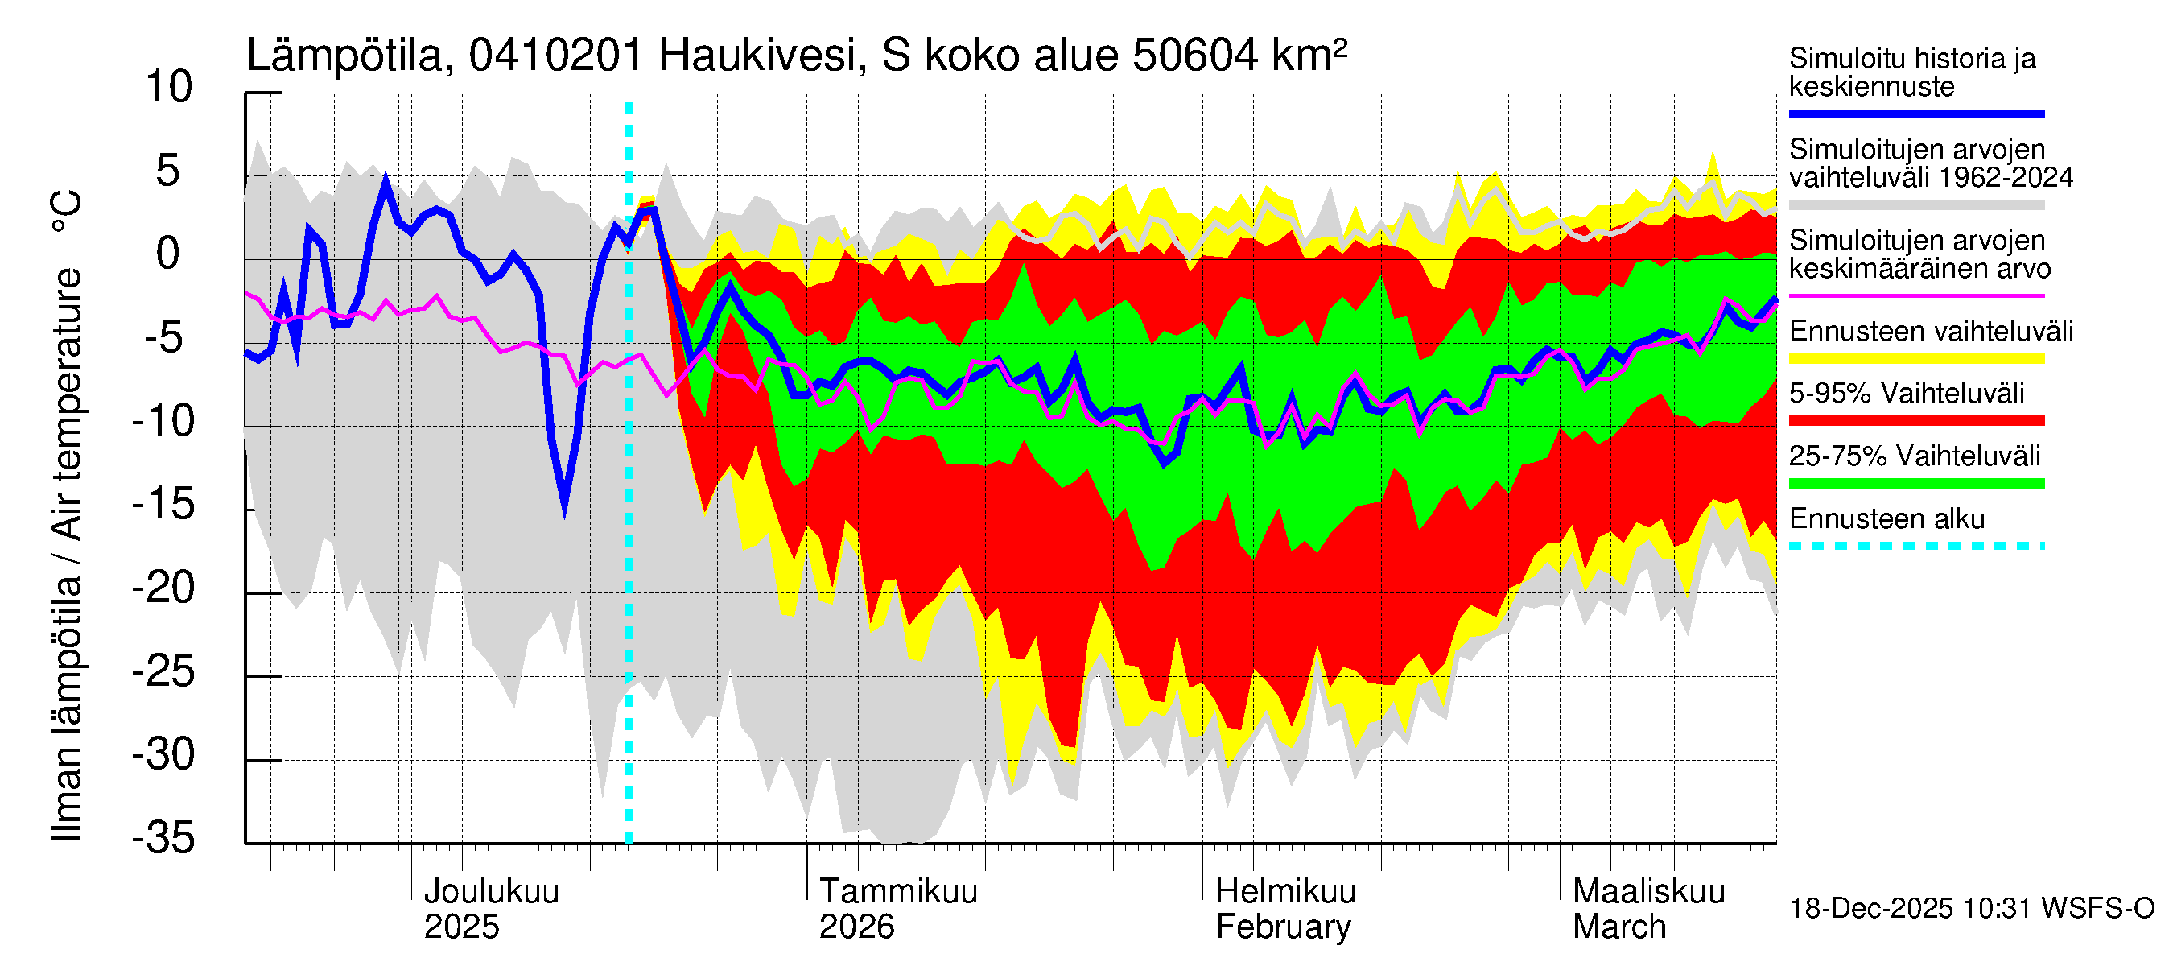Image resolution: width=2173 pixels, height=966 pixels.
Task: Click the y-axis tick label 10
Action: tap(169, 88)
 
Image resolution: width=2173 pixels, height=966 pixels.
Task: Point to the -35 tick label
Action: tap(163, 839)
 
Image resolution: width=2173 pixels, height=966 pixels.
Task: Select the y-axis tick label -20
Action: tap(163, 588)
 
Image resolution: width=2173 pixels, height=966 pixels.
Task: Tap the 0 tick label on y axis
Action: tap(169, 255)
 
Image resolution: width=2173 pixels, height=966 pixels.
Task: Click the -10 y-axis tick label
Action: tap(163, 421)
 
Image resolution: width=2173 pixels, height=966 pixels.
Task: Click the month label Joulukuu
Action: tap(491, 892)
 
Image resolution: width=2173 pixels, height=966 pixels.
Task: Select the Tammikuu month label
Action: tap(898, 892)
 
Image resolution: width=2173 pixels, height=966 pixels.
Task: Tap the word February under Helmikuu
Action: tap(1283, 928)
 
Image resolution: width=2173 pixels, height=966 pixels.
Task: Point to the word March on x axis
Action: tap(1618, 928)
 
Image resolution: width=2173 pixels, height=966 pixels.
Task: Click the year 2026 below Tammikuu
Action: tap(856, 928)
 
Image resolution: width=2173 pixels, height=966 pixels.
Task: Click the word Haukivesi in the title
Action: tap(758, 56)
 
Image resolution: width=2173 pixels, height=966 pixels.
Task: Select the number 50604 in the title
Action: tap(1195, 56)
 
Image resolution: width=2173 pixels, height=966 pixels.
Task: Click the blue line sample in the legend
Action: tap(1915, 114)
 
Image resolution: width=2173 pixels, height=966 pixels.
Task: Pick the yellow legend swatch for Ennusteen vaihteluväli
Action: tap(1915, 358)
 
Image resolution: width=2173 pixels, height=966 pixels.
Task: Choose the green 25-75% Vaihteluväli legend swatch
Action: tap(1915, 484)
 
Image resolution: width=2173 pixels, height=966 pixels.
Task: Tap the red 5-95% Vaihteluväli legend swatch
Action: tap(1915, 420)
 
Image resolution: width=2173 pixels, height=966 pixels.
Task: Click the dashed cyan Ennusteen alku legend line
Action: tap(1915, 546)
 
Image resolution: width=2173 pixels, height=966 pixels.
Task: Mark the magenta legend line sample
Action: tap(1915, 296)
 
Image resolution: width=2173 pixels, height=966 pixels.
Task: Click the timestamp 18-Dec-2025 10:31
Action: tap(1911, 909)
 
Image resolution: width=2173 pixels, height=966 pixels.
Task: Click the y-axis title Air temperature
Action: tap(68, 405)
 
